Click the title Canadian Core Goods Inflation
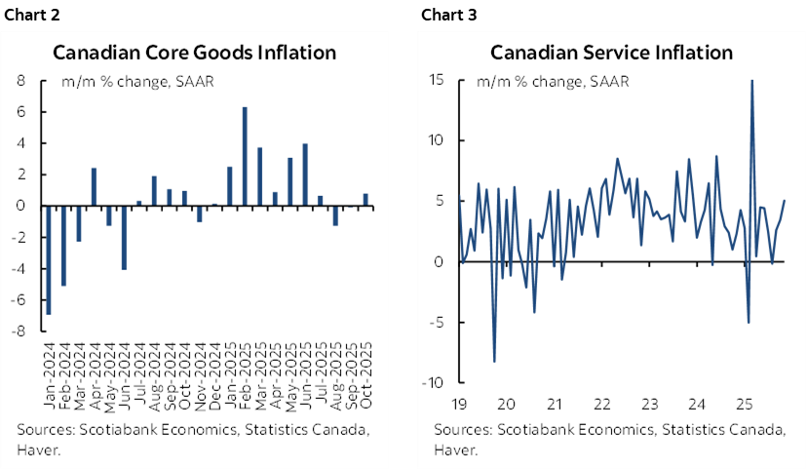195,52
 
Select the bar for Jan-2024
48,259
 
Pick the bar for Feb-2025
244,156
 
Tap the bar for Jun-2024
124,237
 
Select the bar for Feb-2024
63,245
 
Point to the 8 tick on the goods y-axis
19,81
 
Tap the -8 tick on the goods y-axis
18,332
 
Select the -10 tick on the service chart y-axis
436,382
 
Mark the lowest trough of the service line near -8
494,362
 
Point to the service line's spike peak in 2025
751,82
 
